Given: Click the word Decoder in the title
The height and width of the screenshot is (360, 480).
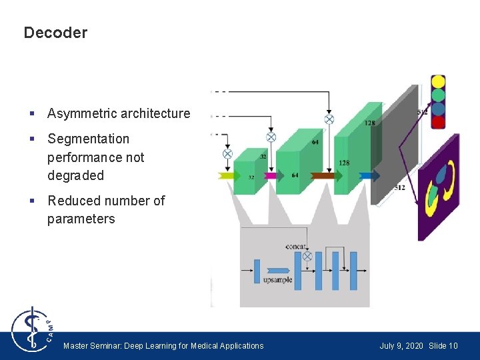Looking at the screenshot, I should [x=55, y=33].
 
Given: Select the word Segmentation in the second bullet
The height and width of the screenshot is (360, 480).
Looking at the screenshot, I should [x=88, y=139].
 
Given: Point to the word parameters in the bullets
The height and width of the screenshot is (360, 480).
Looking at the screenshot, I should [x=81, y=219].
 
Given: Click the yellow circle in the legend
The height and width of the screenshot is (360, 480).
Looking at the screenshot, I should [x=438, y=81].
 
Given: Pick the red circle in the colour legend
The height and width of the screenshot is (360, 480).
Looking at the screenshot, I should [x=438, y=122].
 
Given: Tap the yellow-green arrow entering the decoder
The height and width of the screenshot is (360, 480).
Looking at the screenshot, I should [x=227, y=176].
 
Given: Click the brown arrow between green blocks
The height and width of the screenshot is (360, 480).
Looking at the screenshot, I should [x=323, y=176].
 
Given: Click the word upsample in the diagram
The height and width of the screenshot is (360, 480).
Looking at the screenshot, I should [x=277, y=280].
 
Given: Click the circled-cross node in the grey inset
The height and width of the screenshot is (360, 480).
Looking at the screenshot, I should [x=307, y=256].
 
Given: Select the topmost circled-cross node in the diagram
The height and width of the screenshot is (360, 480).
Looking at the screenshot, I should [x=329, y=119].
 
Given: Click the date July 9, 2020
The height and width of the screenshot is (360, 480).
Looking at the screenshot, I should [x=401, y=346].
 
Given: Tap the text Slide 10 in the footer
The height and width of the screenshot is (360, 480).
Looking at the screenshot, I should [x=443, y=346].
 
